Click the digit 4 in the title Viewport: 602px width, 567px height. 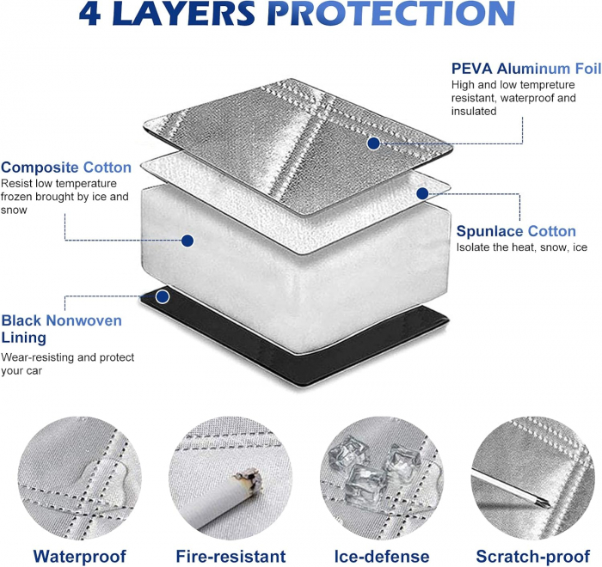tap(89, 14)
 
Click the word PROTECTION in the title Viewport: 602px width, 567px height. tap(394, 14)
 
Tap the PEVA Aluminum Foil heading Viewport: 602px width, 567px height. tap(526, 69)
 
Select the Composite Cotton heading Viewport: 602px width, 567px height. tap(66, 168)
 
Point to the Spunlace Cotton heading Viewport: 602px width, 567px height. tap(516, 231)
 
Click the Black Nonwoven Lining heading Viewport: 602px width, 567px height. tap(61, 329)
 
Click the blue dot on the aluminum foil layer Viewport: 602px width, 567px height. tap(373, 143)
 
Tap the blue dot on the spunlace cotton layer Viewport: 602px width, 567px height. tap(422, 193)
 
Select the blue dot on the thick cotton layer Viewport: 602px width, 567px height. tap(187, 241)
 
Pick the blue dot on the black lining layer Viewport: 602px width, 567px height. tap(163, 296)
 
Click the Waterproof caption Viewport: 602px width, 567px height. tap(79, 556)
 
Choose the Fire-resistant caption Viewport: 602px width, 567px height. tap(230, 556)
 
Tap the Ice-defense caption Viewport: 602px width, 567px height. tap(382, 556)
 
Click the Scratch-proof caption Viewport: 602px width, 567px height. tap(533, 556)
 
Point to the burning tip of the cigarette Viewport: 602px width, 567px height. tap(249, 480)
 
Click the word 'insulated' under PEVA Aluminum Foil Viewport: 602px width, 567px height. tap(474, 111)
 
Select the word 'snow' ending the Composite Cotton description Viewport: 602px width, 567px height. tap(14, 210)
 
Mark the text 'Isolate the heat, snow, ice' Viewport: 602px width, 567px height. tap(522, 247)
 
